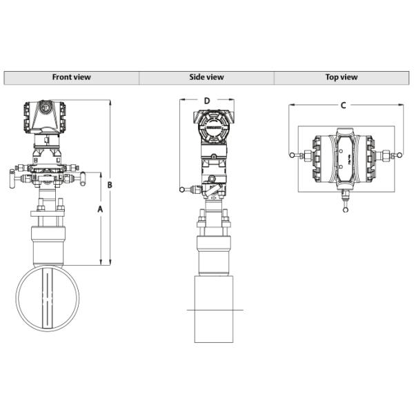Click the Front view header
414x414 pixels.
pos(71,77)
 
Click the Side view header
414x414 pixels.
pos(206,77)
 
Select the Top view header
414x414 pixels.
pos(341,77)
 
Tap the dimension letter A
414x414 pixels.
pos(101,208)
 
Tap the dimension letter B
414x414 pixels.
pos(110,185)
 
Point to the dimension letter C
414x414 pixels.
pos(343,106)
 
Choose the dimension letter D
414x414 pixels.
pos(206,101)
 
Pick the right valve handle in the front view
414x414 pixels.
pos(81,181)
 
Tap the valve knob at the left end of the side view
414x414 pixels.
pos(181,190)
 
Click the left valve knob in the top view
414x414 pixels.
pos(292,155)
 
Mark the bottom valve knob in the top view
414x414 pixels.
pos(344,209)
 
